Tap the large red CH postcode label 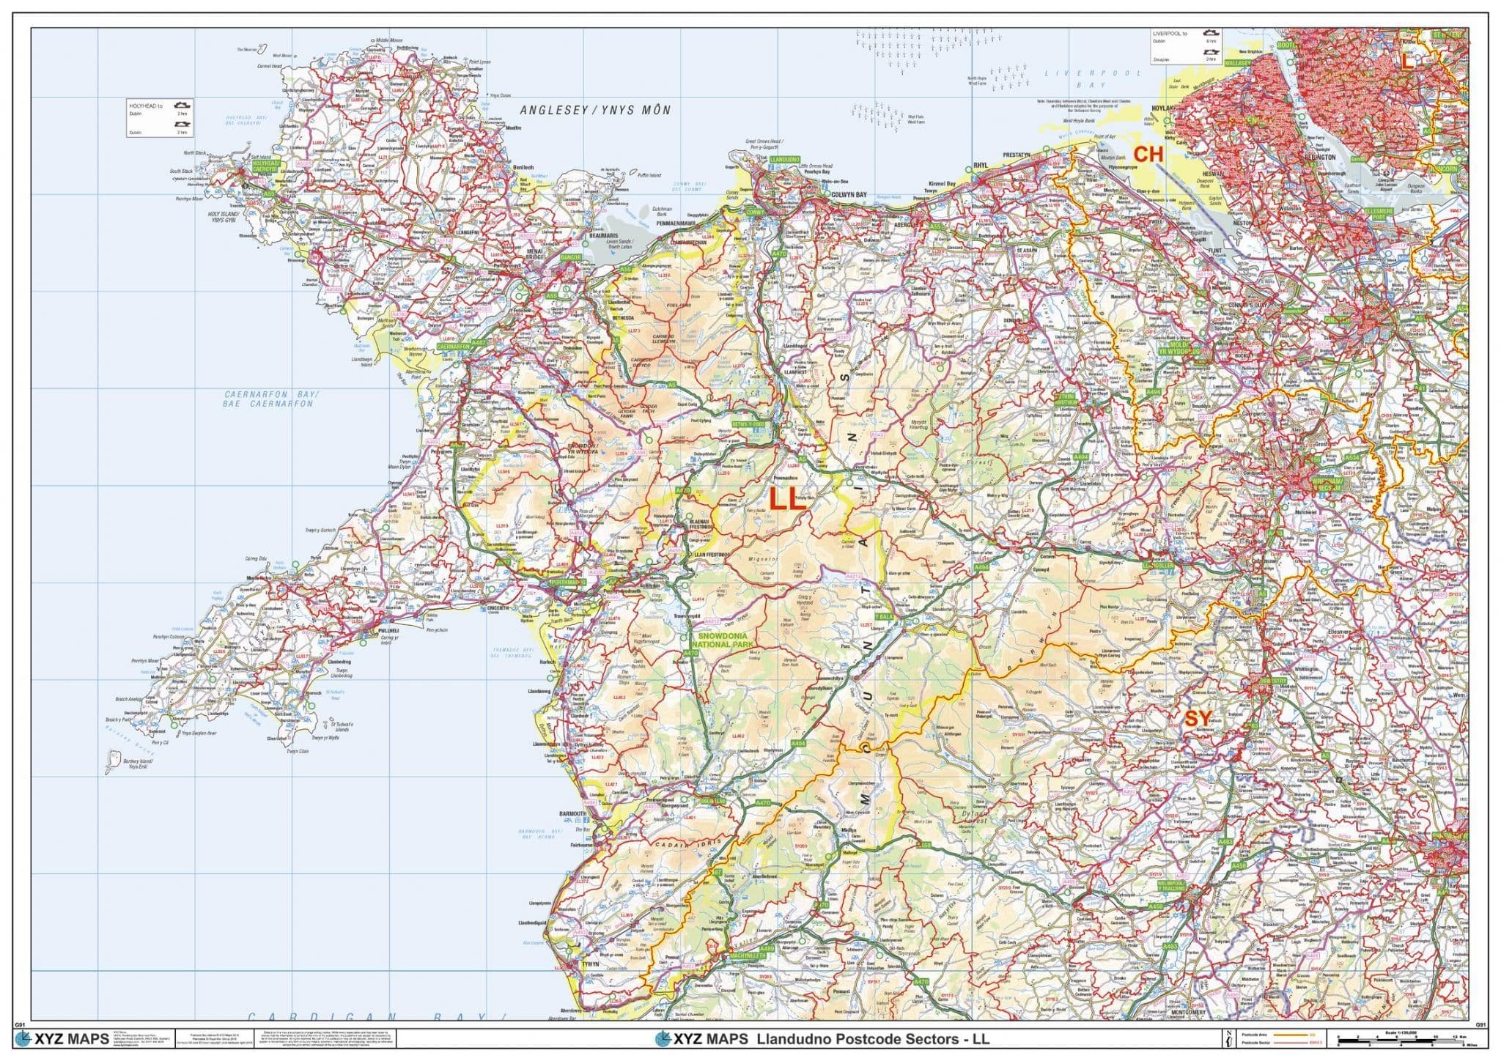coord(1148,155)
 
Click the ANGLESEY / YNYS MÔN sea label coord(595,111)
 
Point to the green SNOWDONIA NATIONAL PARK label coord(726,640)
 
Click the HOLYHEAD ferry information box coord(160,118)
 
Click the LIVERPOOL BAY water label coord(1093,79)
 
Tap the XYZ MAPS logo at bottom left coord(62,1038)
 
